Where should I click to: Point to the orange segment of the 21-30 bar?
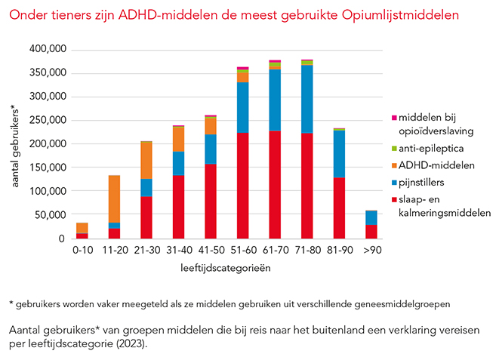pos(146,160)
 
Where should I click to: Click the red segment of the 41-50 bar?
pos(211,201)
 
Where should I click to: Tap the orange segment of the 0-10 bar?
pos(82,228)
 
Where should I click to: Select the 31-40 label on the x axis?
pos(178,249)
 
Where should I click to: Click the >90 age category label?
pos(371,249)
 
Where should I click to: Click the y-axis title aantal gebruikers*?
pos(17,144)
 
